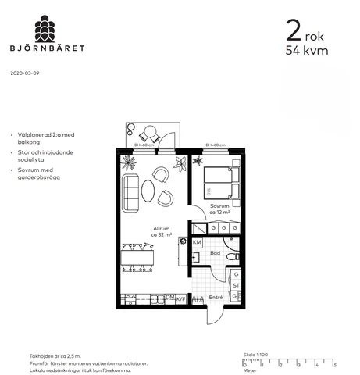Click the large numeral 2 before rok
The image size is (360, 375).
294,31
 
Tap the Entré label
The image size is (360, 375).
216,297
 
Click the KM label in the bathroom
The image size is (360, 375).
197,243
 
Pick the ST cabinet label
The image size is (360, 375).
235,286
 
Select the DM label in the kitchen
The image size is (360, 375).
169,297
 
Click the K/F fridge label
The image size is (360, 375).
181,298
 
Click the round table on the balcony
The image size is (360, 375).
148,132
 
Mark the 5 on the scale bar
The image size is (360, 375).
335,364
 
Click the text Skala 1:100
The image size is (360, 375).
255,355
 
